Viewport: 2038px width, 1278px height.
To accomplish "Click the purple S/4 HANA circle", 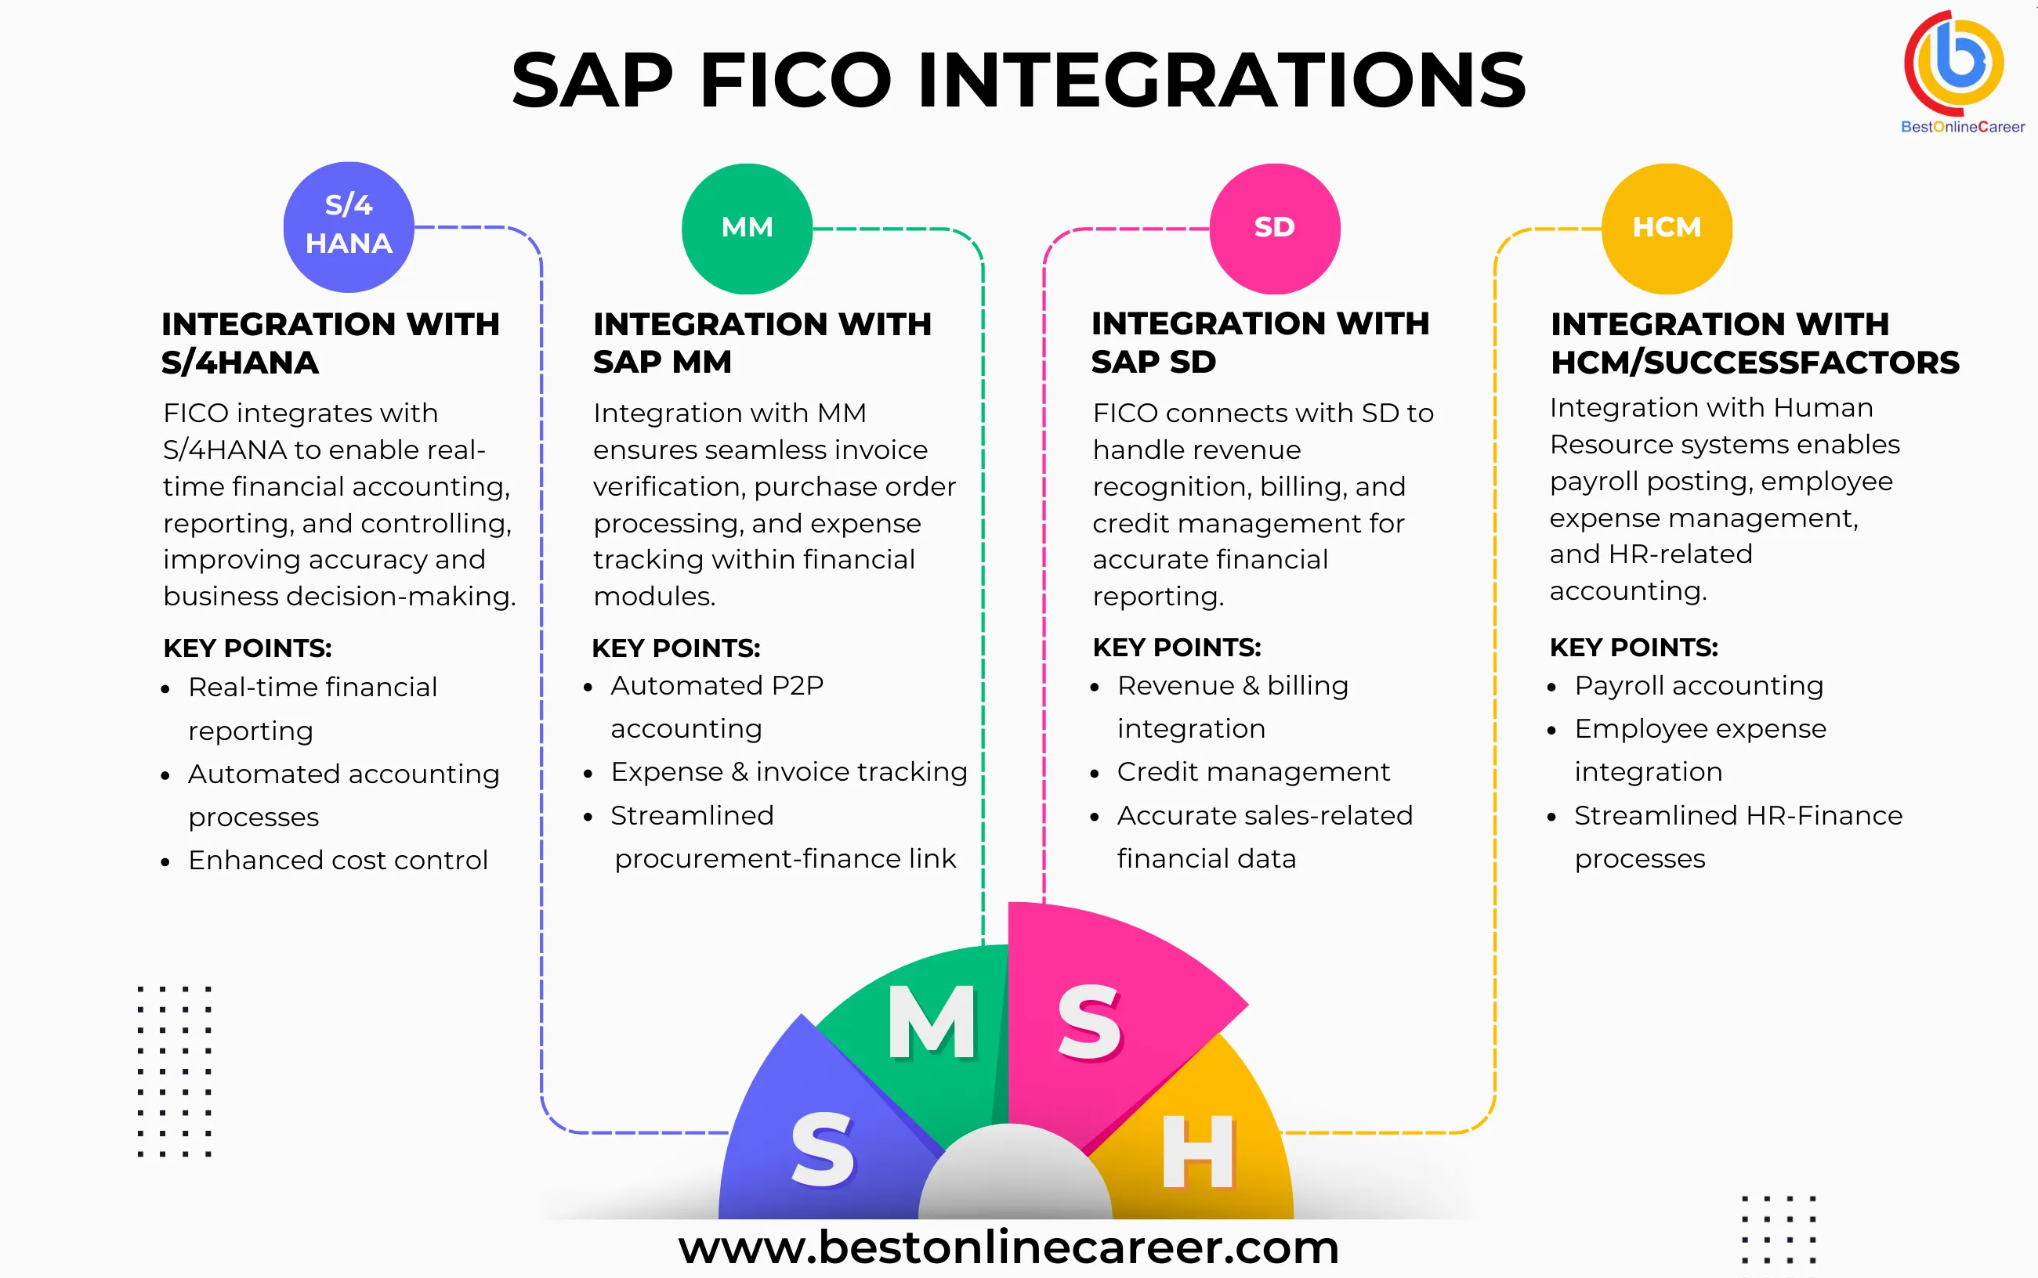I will point(349,226).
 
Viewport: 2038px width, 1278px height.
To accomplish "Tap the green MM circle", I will point(747,228).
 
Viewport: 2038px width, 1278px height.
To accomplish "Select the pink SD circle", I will point(1274,228).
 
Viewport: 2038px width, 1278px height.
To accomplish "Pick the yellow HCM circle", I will point(1666,228).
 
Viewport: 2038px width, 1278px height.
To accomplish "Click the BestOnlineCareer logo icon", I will point(1955,63).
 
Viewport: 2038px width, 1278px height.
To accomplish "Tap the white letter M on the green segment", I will point(932,1024).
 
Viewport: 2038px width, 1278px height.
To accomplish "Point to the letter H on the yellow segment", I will point(1197,1151).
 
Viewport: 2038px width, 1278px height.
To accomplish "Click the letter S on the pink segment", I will point(1089,1024).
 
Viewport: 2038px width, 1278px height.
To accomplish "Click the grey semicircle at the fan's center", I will point(1015,1179).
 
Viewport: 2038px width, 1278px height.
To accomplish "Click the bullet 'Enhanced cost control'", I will point(338,861).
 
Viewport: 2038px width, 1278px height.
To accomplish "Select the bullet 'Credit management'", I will point(1252,771).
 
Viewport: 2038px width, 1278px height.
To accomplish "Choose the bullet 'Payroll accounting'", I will point(1698,685).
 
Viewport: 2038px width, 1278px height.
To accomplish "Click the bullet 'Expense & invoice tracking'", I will point(788,771).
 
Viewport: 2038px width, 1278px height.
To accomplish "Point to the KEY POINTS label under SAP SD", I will point(1176,648).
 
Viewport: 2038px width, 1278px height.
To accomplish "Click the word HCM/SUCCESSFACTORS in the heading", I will point(1754,363).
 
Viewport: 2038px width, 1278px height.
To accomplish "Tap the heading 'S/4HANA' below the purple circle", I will point(241,363).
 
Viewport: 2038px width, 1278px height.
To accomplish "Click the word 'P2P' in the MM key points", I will point(798,685).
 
